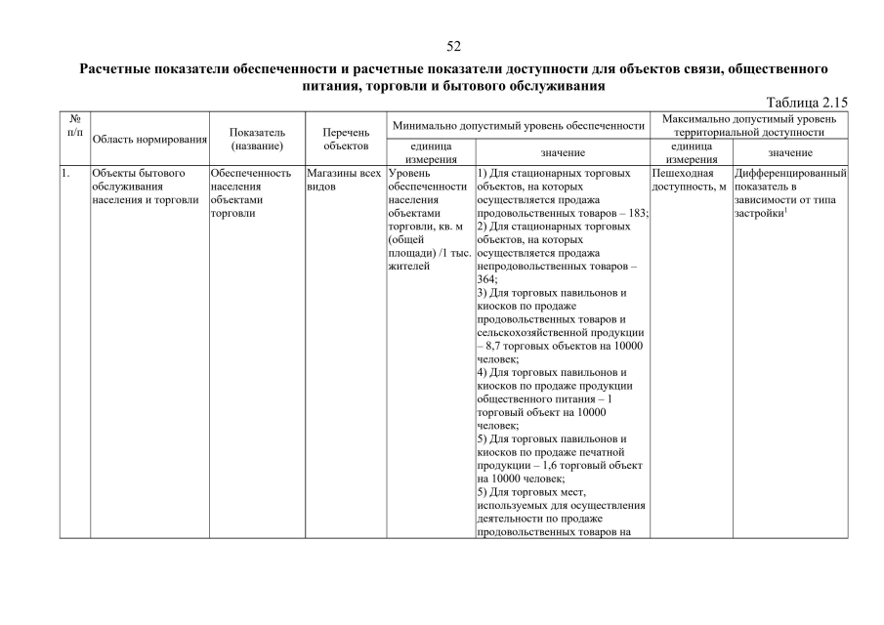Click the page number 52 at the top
pos(453,46)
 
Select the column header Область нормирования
pos(149,140)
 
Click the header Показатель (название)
pos(257,139)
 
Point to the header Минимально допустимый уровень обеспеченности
pos(518,125)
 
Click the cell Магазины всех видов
pos(343,180)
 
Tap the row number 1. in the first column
pos(65,173)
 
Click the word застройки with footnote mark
pos(760,213)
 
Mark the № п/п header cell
pos(74,124)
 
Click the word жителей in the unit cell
pos(409,266)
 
